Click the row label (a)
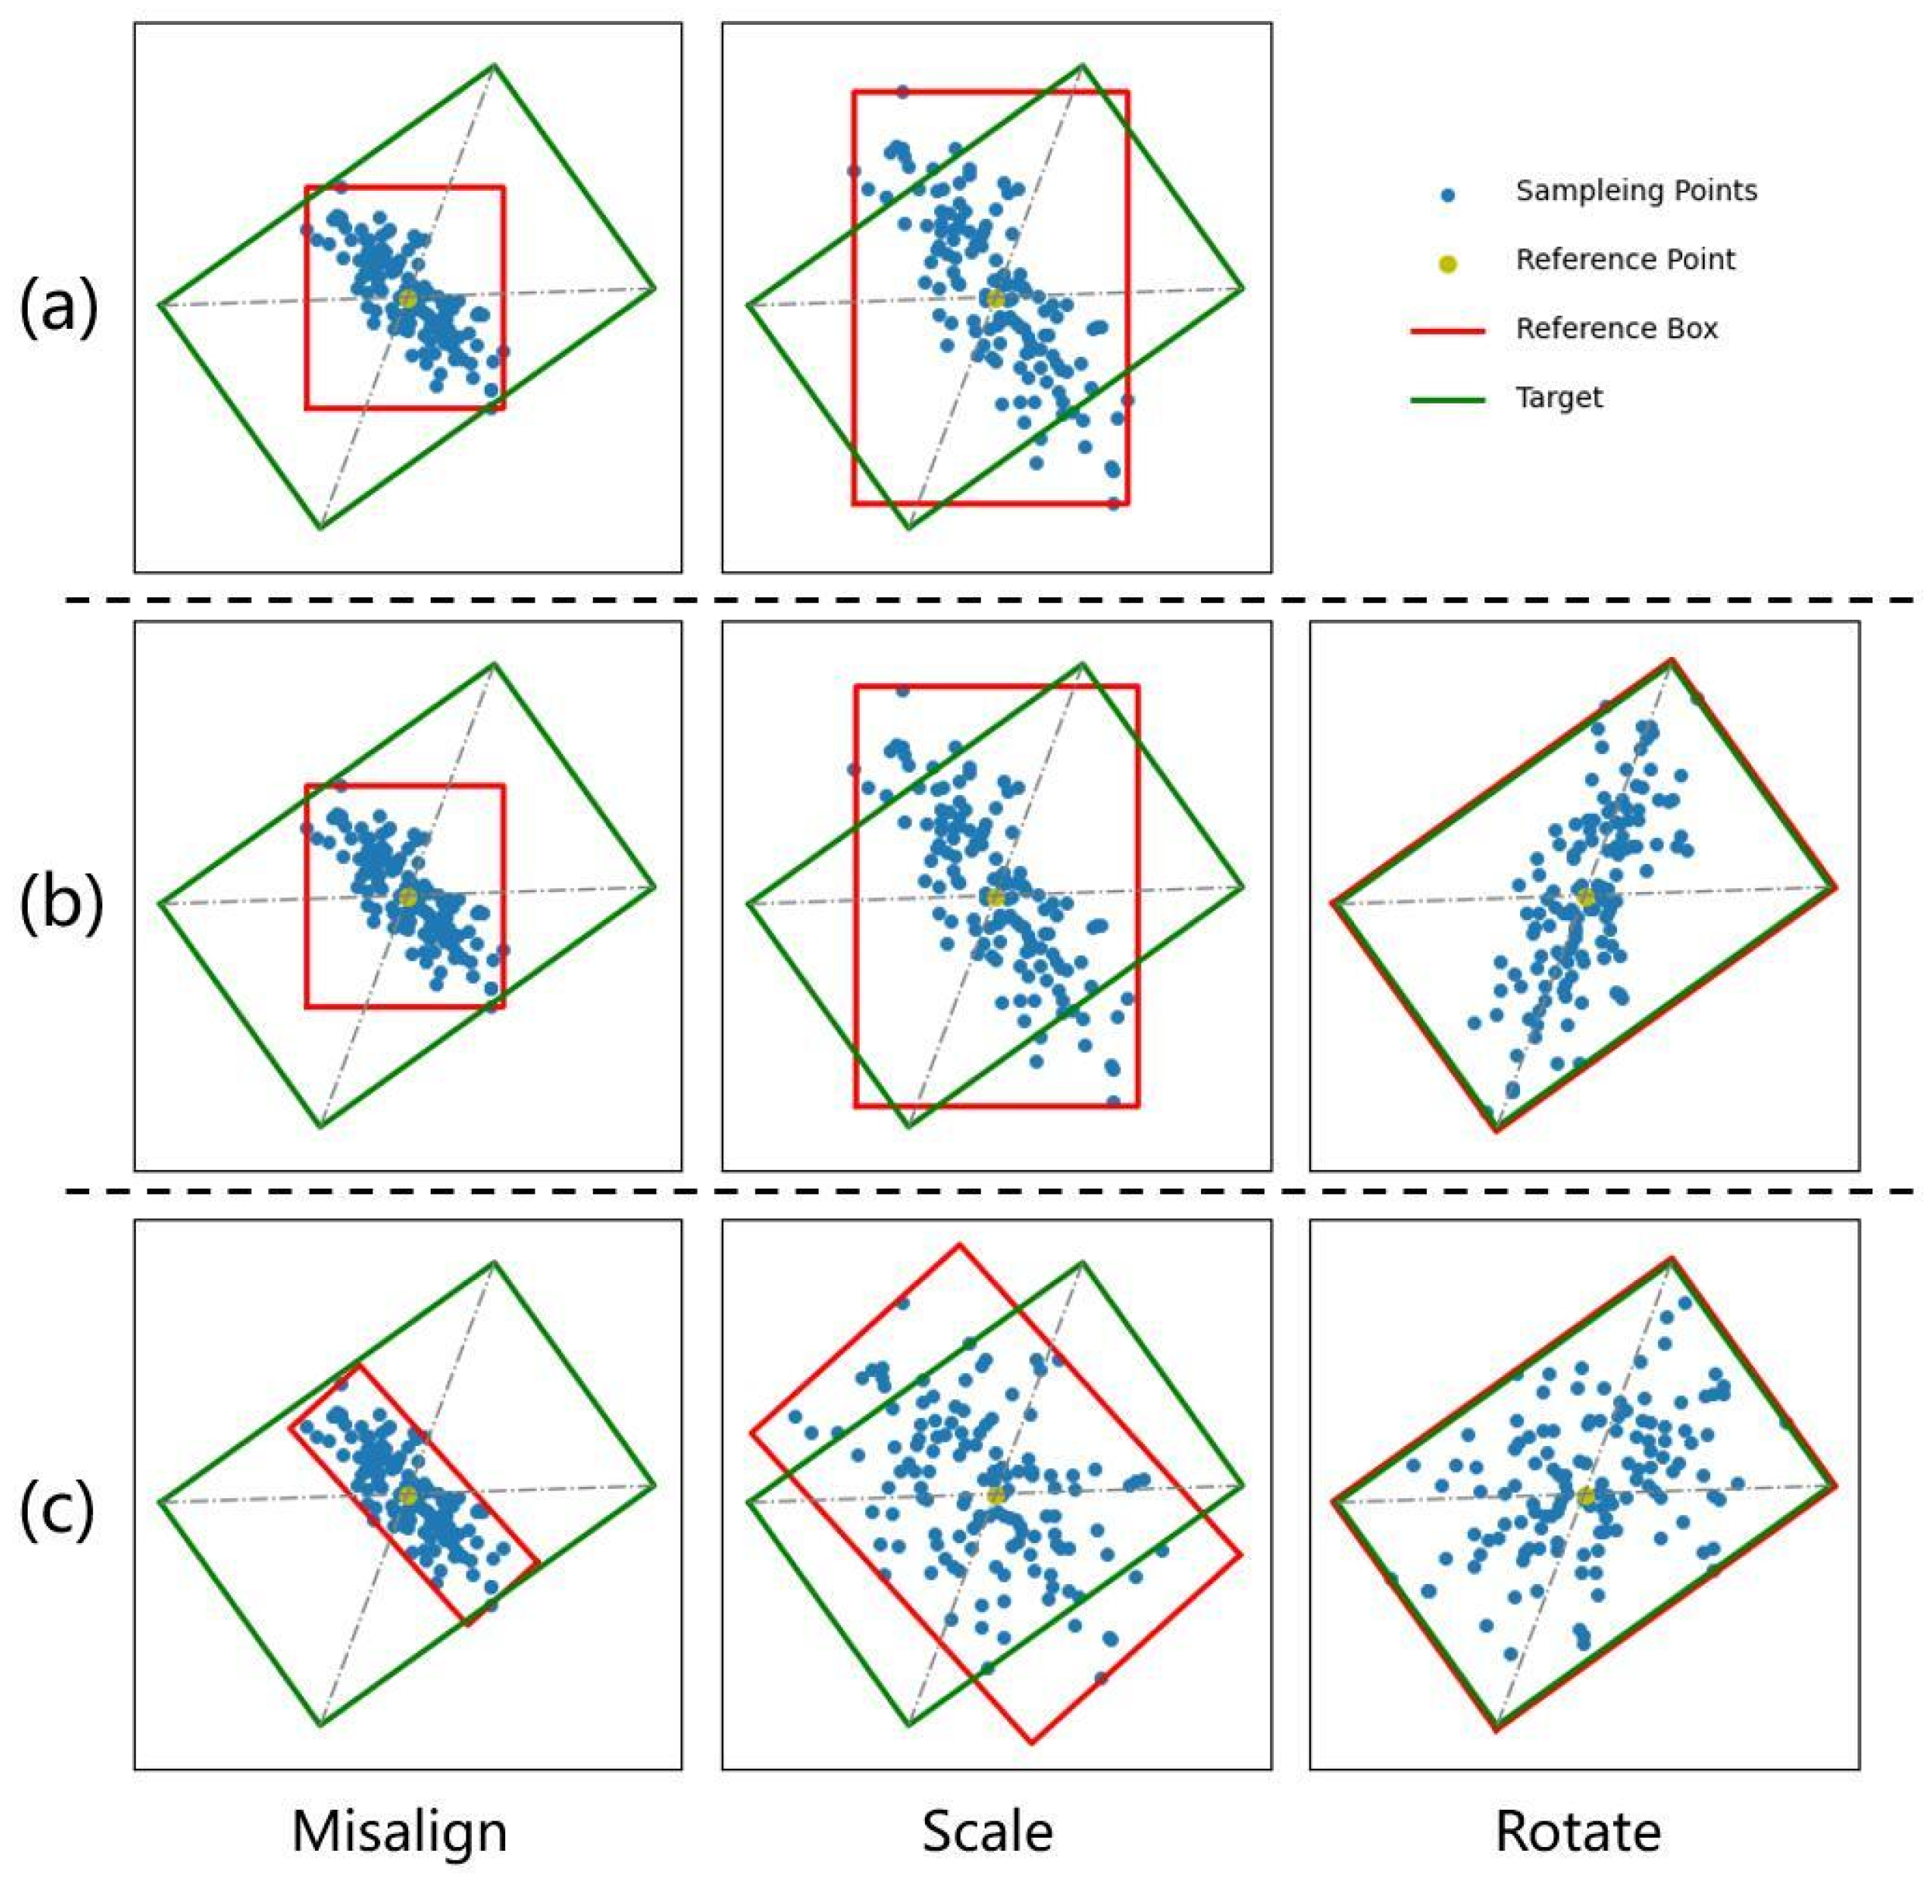pyautogui.click(x=59, y=307)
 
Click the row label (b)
pyautogui.click(x=61, y=904)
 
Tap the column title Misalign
pyautogui.click(x=400, y=1831)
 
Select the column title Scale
pyautogui.click(x=987, y=1831)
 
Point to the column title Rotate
pyautogui.click(x=1578, y=1831)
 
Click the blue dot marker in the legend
pyautogui.click(x=1449, y=195)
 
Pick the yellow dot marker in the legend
pyautogui.click(x=1449, y=264)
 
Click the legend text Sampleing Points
pyautogui.click(x=1636, y=191)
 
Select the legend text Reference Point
pyautogui.click(x=1626, y=260)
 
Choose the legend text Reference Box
pyautogui.click(x=1616, y=328)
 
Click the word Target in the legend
pyautogui.click(x=1560, y=397)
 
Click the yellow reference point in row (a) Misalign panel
pyautogui.click(x=407, y=299)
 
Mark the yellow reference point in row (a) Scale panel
pyautogui.click(x=995, y=299)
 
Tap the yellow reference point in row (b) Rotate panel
pyautogui.click(x=1585, y=898)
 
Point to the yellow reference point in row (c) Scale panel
pyautogui.click(x=995, y=1496)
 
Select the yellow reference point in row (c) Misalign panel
pyautogui.click(x=407, y=1496)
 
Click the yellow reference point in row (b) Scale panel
pyautogui.click(x=995, y=898)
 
